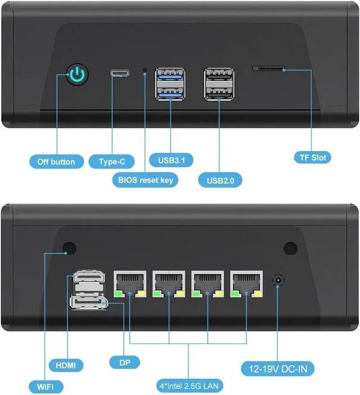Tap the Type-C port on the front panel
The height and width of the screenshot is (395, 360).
[120, 74]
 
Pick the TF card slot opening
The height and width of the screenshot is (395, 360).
[269, 69]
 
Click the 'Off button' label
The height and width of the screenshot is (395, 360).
[56, 162]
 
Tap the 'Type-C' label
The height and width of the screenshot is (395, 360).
[112, 162]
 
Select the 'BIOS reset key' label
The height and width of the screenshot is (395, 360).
[146, 180]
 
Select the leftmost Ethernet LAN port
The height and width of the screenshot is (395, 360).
[130, 283]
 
